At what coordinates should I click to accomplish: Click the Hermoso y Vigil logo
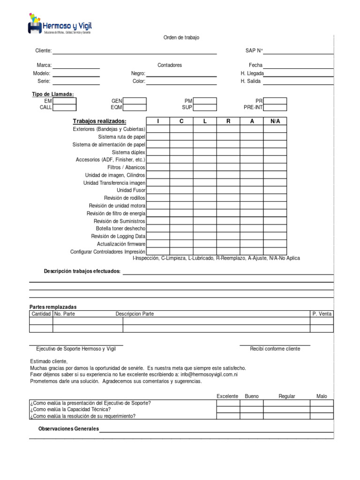[x=60, y=24]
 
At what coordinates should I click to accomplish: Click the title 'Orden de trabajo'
[x=181, y=37]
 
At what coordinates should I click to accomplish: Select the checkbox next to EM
[x=64, y=101]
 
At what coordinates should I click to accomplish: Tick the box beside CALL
[x=64, y=107]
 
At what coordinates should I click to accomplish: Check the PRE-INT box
[x=275, y=107]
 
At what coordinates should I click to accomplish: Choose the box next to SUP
[x=205, y=107]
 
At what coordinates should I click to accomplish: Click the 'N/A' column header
[x=275, y=121]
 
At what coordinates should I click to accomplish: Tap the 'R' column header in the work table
[x=228, y=121]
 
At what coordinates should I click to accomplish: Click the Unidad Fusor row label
[x=131, y=190]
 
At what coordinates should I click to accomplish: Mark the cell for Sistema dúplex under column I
[x=158, y=152]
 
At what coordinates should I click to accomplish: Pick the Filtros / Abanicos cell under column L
[x=205, y=167]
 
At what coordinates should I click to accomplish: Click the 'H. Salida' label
[x=250, y=81]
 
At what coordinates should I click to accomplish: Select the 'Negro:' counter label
[x=138, y=74]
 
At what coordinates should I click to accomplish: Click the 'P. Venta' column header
[x=322, y=314]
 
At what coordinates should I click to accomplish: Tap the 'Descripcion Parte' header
[x=135, y=314]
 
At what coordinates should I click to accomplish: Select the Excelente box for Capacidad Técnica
[x=228, y=409]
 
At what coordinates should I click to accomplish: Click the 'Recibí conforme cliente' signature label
[x=275, y=349]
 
